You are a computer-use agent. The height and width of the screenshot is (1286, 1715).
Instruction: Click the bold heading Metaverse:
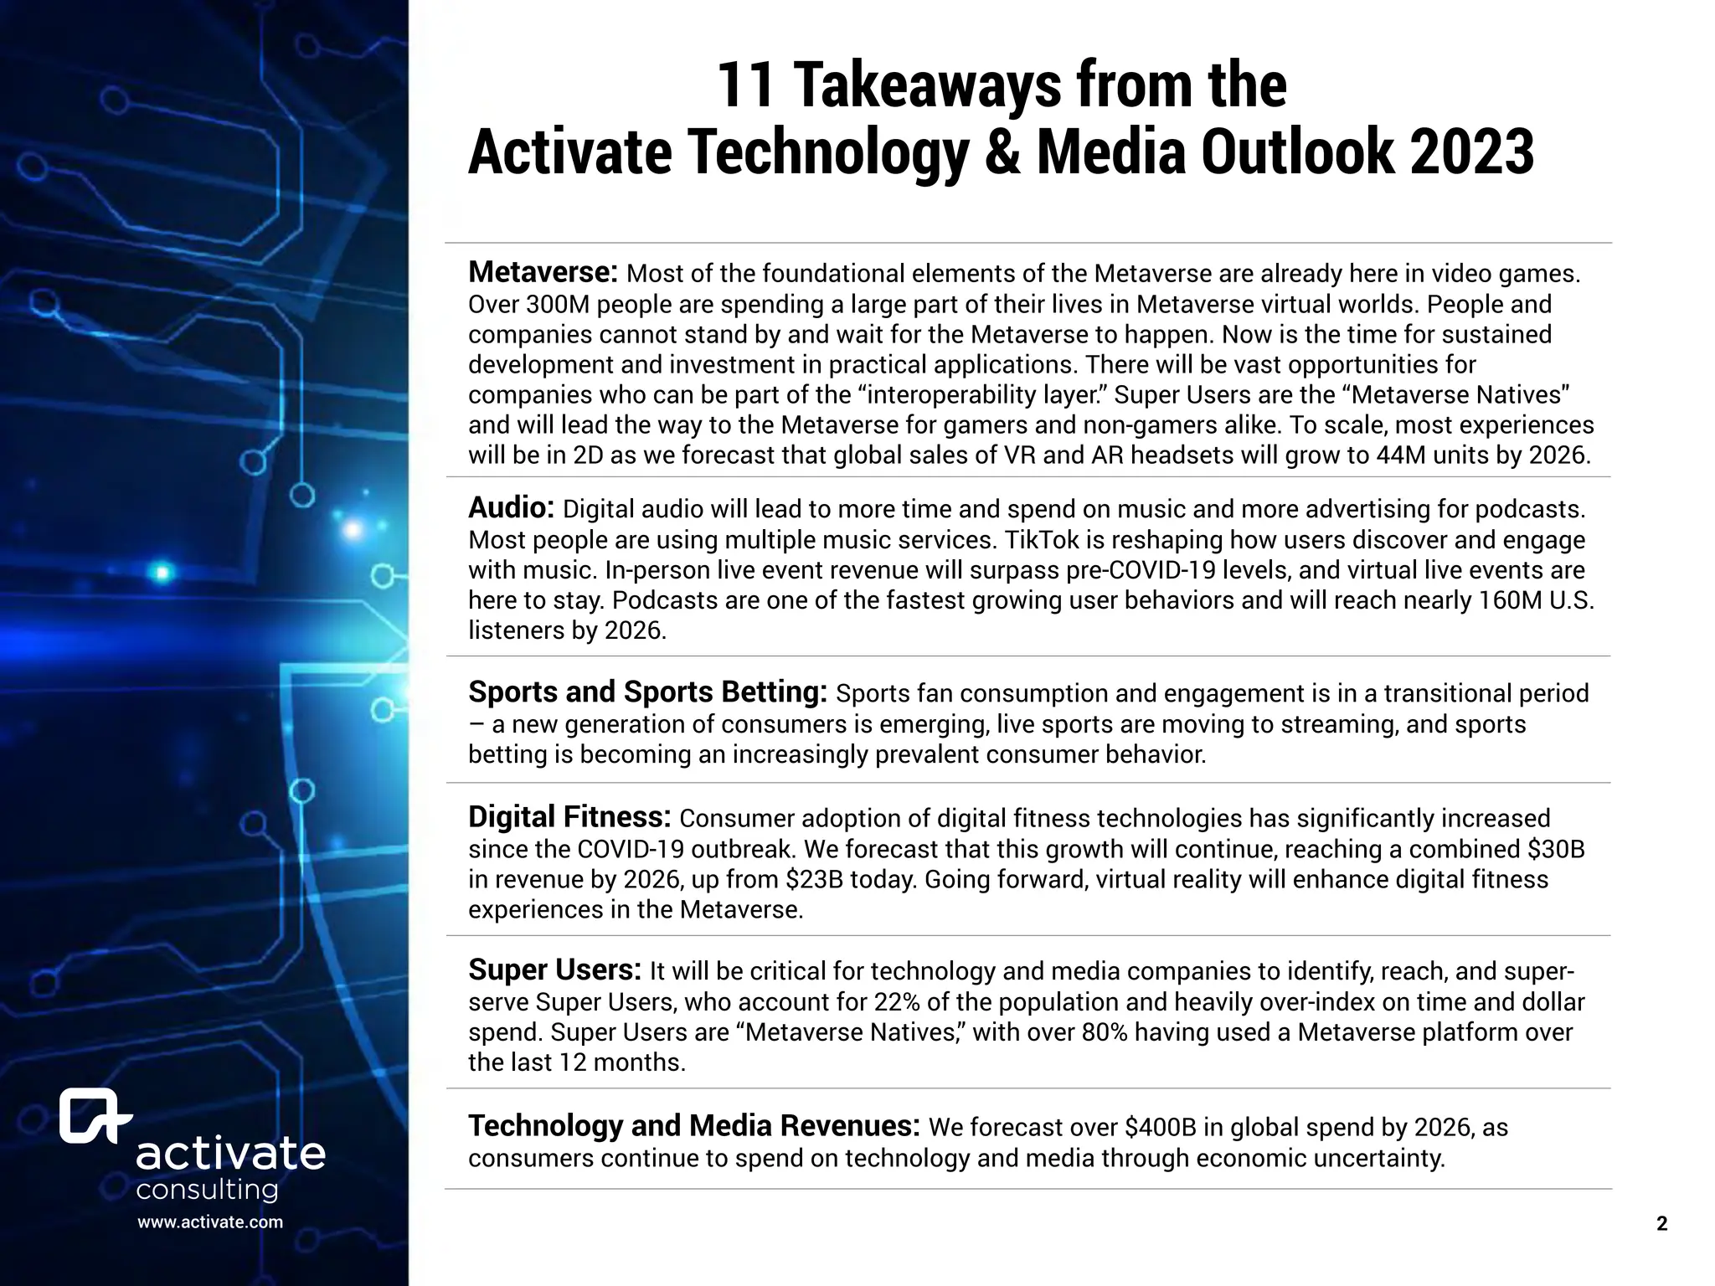[543, 272]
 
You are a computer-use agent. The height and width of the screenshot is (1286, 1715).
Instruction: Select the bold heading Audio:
[511, 507]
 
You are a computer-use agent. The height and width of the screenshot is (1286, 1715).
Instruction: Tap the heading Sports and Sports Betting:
[647, 692]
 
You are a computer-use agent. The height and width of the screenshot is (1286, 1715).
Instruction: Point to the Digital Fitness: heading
[569, 816]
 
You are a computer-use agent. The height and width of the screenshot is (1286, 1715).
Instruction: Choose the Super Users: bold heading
[554, 970]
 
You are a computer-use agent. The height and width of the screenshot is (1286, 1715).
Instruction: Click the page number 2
[1662, 1224]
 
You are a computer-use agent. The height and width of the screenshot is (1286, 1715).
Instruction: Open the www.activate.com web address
[210, 1222]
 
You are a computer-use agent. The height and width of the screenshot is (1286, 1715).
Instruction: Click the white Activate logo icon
[95, 1116]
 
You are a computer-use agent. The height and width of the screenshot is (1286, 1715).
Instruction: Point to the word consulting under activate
[207, 1190]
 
